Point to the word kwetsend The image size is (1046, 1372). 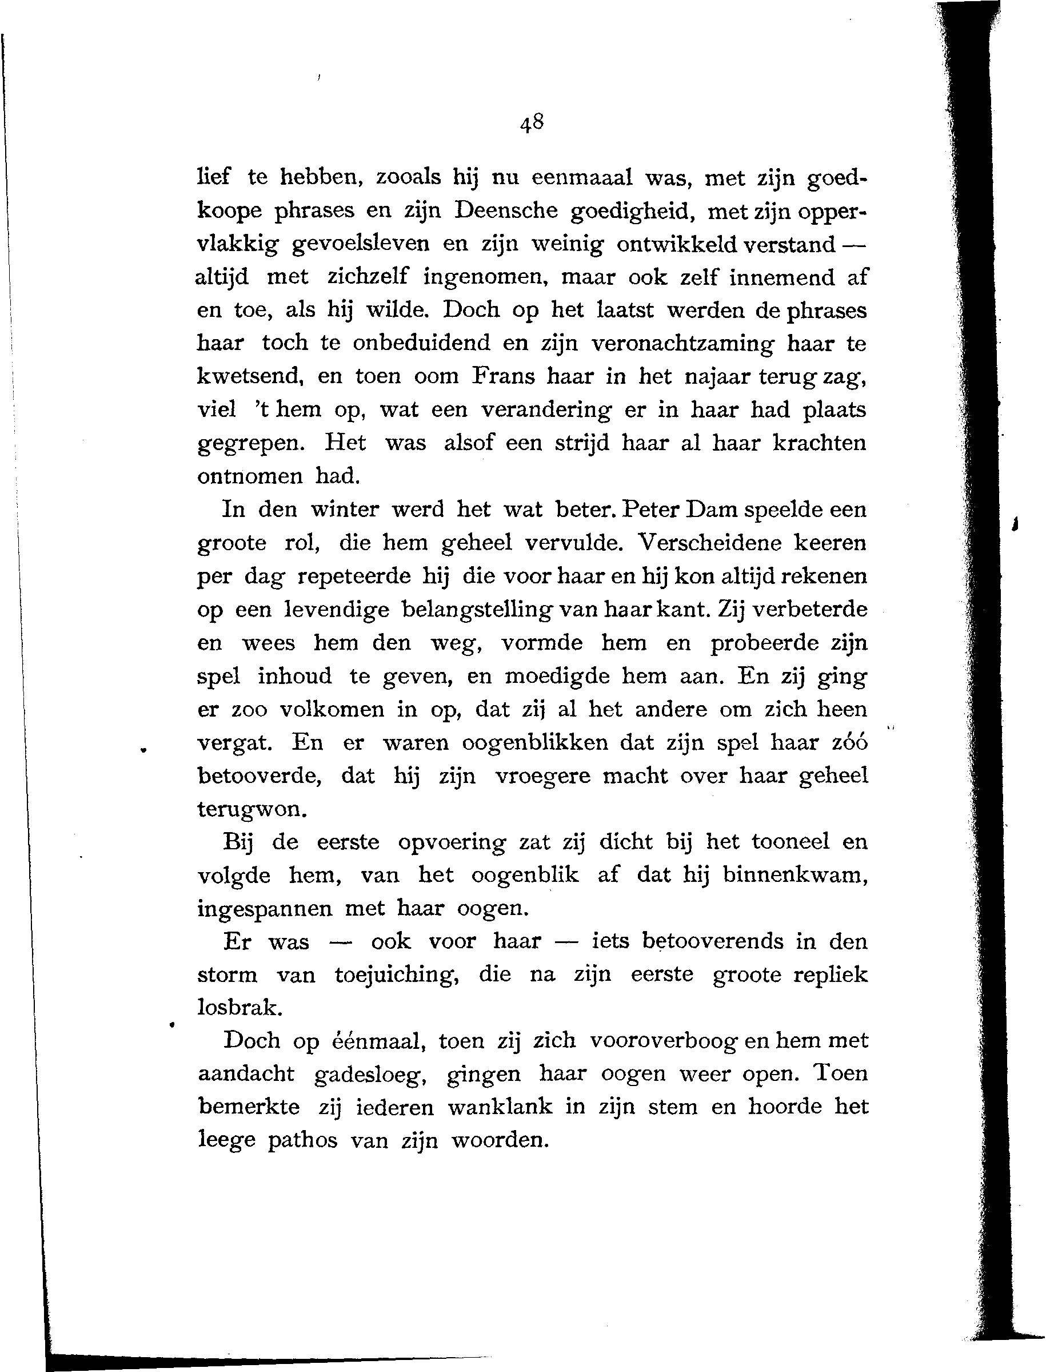click(250, 377)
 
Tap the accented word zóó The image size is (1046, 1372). click(849, 742)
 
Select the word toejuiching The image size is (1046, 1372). click(397, 975)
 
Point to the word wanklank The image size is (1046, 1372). click(500, 1107)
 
